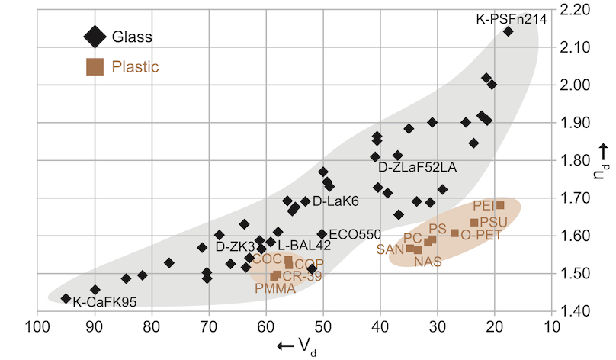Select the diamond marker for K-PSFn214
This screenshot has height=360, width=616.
point(509,32)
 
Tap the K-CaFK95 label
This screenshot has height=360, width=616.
point(104,302)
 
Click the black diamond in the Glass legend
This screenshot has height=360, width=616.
point(95,36)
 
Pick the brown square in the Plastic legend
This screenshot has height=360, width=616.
point(95,66)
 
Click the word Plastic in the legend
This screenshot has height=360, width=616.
point(135,67)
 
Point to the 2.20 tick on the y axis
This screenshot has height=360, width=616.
point(574,10)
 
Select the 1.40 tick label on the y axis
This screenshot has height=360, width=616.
point(574,310)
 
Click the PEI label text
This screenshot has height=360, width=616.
point(483,206)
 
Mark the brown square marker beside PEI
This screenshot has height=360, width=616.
point(500,205)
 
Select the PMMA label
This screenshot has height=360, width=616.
point(275,288)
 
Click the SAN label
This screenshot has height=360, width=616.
point(390,249)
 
